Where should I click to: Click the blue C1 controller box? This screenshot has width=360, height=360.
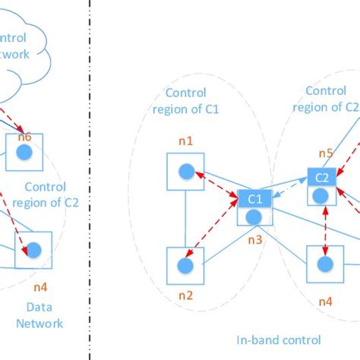click(x=254, y=199)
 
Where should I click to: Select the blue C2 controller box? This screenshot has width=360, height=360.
click(x=323, y=178)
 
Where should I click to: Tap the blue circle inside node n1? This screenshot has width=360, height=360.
click(x=185, y=172)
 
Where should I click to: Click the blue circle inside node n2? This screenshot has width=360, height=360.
click(x=185, y=266)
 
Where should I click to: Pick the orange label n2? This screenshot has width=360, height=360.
click(x=185, y=296)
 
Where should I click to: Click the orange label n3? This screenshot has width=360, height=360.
click(x=255, y=239)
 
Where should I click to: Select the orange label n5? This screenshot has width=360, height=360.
click(x=325, y=153)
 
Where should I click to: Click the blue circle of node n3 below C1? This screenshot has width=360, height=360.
click(x=254, y=216)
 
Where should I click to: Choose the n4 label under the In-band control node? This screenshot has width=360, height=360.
click(x=325, y=301)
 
